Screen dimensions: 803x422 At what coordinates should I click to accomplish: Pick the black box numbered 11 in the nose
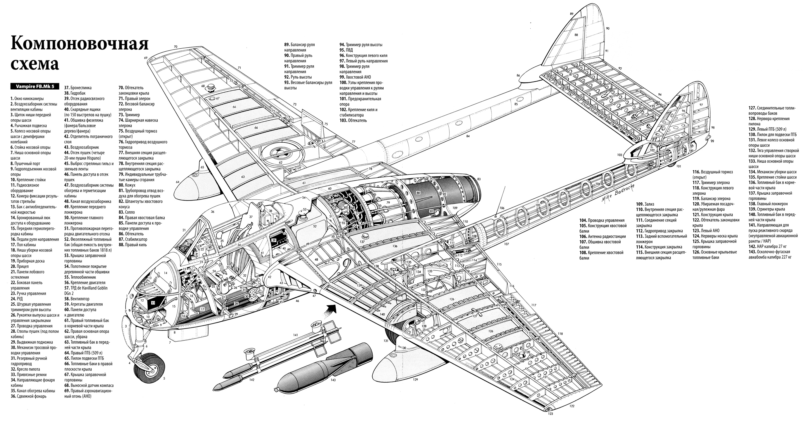153,302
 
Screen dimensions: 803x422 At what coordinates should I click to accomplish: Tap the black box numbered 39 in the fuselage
274,240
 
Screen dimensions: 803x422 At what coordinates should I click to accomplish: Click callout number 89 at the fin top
571,5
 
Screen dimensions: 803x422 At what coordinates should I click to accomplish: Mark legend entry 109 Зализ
645,204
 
